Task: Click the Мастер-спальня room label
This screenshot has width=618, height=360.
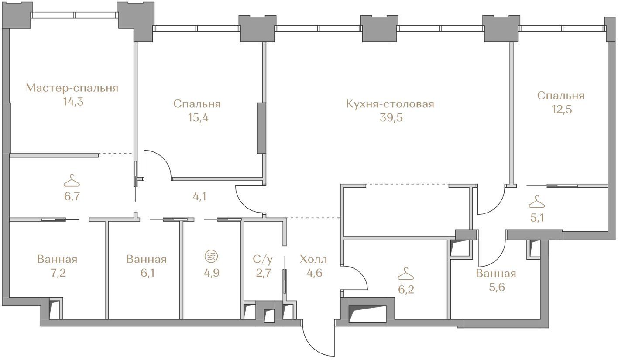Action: [x=72, y=88]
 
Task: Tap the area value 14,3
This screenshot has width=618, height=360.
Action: [x=73, y=102]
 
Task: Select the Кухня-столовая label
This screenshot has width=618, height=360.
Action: [x=390, y=104]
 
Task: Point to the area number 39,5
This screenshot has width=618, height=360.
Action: [x=391, y=118]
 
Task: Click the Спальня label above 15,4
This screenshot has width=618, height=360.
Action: [x=197, y=104]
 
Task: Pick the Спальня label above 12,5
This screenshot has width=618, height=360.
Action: [x=561, y=96]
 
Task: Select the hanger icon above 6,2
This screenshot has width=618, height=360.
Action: [x=405, y=274]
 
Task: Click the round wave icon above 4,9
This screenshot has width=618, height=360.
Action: [x=211, y=256]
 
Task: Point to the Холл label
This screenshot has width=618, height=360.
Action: [x=313, y=259]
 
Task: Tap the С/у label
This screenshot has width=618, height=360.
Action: [x=263, y=259]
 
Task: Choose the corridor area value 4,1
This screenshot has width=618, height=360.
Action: [x=199, y=197]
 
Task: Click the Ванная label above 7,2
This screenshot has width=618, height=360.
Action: [x=57, y=259]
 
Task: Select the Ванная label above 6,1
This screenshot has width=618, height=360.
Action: [x=147, y=259]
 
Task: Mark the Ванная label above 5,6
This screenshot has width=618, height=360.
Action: [x=496, y=273]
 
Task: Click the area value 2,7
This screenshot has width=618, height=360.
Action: [x=264, y=273]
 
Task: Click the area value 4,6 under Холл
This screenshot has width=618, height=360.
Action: [x=314, y=273]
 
